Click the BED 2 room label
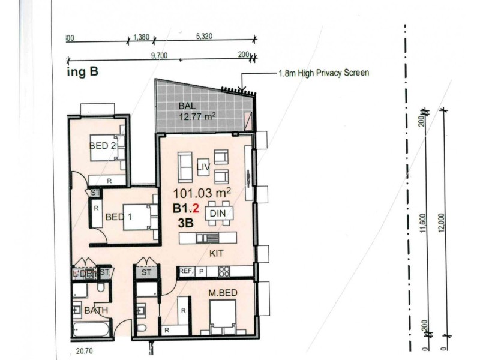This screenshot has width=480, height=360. [103, 145]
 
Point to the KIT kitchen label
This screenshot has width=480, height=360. [217, 254]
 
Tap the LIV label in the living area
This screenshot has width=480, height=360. [203, 169]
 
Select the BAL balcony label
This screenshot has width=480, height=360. [186, 107]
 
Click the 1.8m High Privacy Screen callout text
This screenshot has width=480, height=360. [323, 73]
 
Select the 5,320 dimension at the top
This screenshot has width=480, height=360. [205, 37]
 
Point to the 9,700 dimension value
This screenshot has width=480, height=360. [159, 55]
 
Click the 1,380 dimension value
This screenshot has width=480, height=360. [141, 37]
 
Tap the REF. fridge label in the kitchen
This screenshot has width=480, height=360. [186, 271]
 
